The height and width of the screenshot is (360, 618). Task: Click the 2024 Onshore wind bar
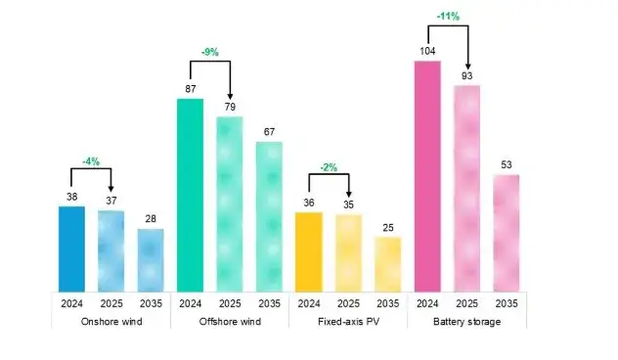(x=71, y=247)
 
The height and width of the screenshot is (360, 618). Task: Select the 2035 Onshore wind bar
(x=150, y=259)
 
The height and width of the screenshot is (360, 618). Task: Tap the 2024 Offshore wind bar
(x=190, y=194)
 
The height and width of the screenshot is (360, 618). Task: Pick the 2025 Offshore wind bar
(x=229, y=202)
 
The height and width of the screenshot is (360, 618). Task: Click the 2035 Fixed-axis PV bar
(x=388, y=262)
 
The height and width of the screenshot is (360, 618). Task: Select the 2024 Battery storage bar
(x=427, y=175)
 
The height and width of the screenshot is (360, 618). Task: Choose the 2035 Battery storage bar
(x=507, y=232)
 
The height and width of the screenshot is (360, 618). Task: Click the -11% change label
(x=448, y=15)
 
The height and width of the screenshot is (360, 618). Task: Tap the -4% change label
(x=91, y=160)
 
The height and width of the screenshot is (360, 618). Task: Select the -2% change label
(x=329, y=167)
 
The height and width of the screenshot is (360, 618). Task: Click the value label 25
(x=388, y=228)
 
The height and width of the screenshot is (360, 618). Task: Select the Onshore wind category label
(x=110, y=321)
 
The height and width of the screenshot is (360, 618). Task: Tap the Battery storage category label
(x=466, y=321)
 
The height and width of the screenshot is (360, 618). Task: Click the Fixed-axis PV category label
(x=348, y=321)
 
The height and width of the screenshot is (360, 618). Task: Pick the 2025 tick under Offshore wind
(x=229, y=302)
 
